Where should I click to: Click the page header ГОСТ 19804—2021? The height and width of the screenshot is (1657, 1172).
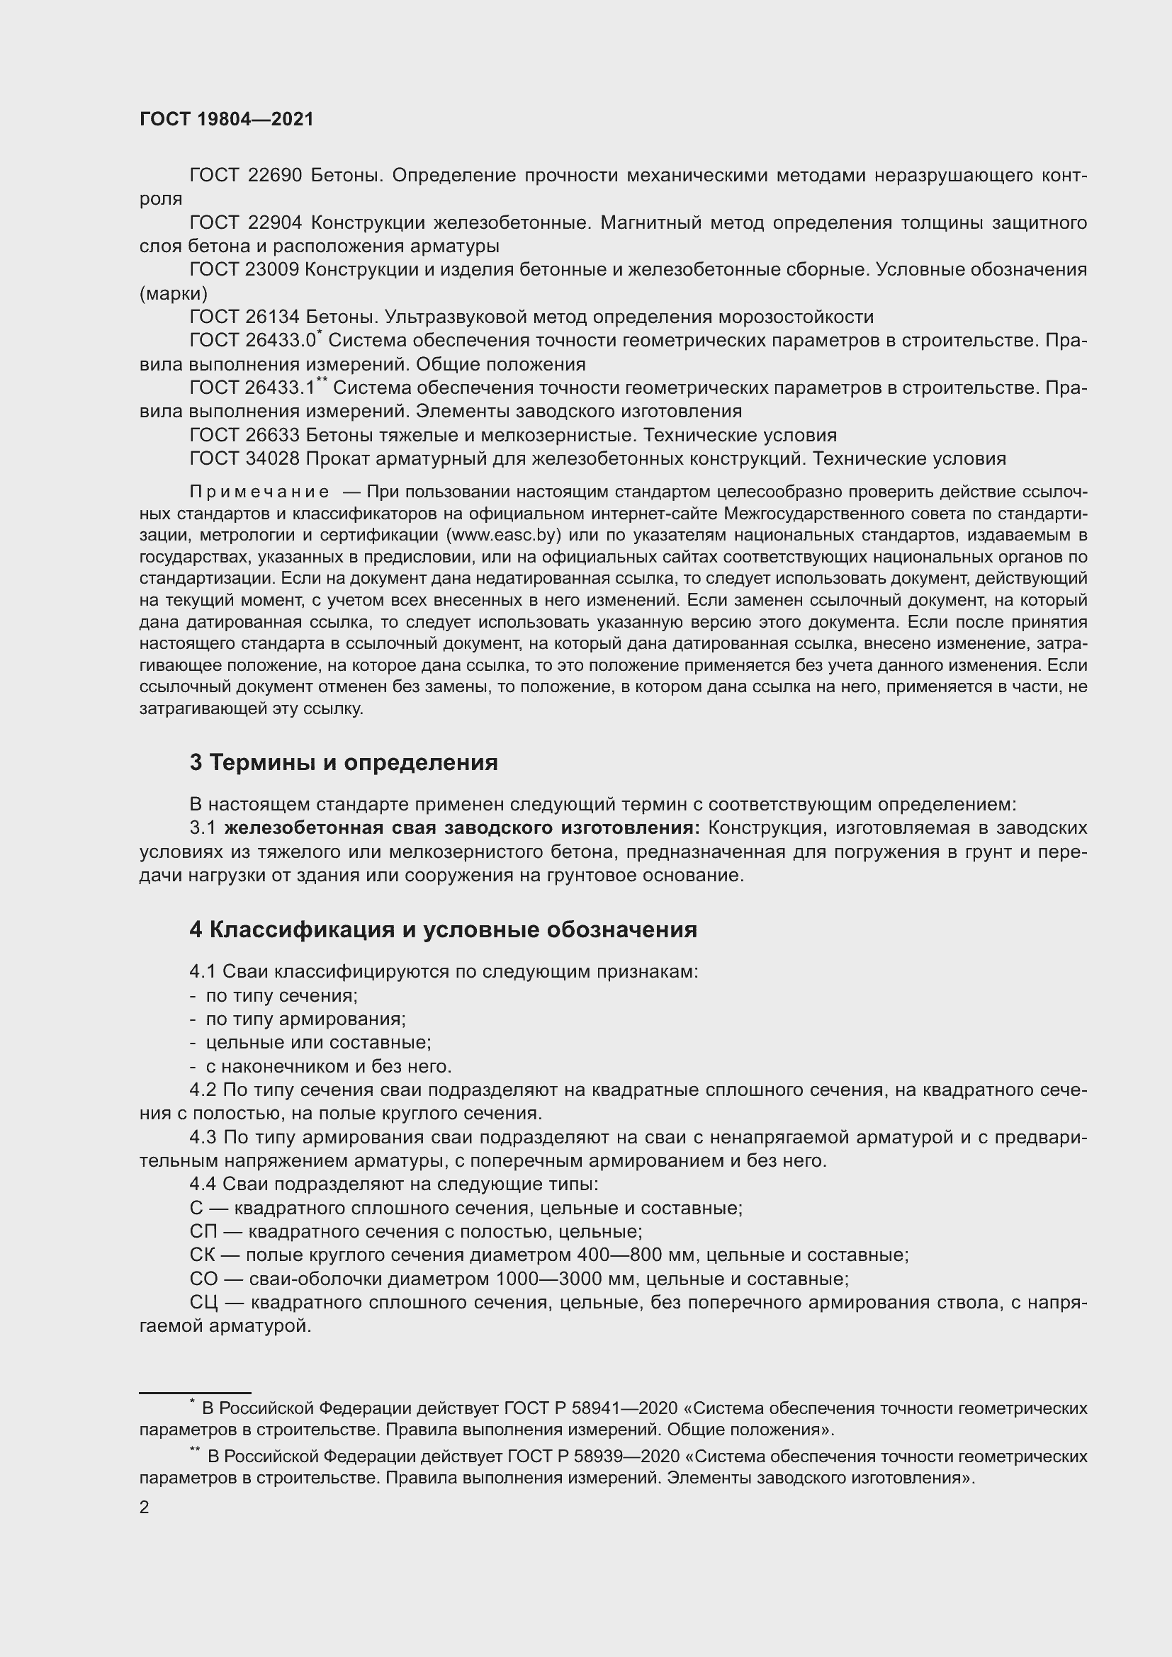point(227,119)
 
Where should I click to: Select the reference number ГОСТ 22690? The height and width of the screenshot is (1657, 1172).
point(245,176)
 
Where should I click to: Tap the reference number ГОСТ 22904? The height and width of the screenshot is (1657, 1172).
point(245,222)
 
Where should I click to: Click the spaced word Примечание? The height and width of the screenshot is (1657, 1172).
point(259,492)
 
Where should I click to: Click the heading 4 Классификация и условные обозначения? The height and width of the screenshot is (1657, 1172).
point(443,929)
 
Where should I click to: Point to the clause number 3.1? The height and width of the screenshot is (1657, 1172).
point(203,827)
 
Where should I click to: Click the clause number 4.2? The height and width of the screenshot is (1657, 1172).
point(203,1090)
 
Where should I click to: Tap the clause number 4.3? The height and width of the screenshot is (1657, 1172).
point(203,1138)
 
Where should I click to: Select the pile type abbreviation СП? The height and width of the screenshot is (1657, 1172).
point(203,1232)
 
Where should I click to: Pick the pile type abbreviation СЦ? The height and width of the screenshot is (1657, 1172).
point(203,1303)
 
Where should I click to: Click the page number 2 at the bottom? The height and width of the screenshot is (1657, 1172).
point(145,1502)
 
